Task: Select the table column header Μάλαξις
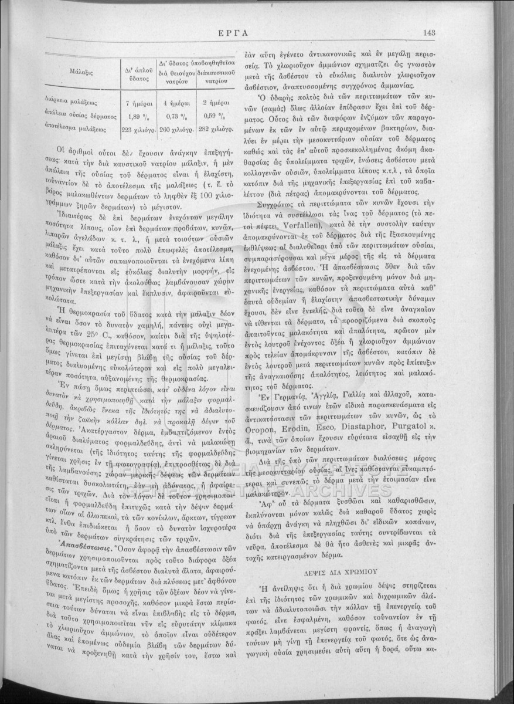[79, 72]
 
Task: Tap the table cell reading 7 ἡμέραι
[137, 102]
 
